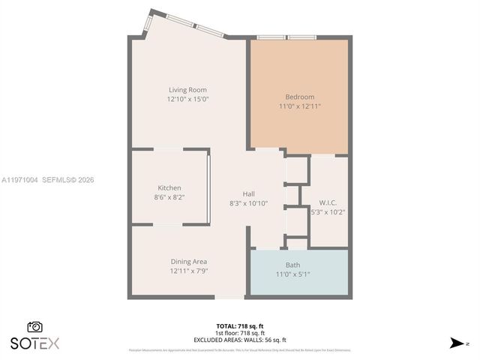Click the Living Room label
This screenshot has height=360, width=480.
[x=187, y=90]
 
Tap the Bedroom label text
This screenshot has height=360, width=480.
[x=299, y=97]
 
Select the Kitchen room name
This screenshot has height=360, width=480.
[x=169, y=187]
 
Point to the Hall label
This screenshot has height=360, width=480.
[x=249, y=194]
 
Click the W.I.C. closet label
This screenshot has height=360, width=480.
[x=328, y=202]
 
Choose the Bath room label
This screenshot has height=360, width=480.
[x=292, y=265]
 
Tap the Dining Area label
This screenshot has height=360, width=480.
[x=188, y=262]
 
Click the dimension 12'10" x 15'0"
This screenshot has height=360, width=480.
[x=187, y=99]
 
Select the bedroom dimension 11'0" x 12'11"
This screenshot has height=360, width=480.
[x=299, y=106]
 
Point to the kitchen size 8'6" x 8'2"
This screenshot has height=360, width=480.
[x=169, y=196]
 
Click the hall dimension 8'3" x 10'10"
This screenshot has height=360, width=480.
[x=249, y=203]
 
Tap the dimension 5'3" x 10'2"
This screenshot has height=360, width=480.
[x=328, y=211]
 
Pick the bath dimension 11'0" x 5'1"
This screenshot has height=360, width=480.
[x=292, y=274]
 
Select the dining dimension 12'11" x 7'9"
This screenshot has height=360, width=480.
[x=188, y=271]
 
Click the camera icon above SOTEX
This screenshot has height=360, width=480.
[x=34, y=327]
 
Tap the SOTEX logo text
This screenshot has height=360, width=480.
[x=34, y=343]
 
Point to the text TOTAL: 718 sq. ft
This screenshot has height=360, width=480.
[x=239, y=325]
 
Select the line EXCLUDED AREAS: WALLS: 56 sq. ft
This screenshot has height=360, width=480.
[x=239, y=340]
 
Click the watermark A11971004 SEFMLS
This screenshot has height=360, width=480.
[x=47, y=180]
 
